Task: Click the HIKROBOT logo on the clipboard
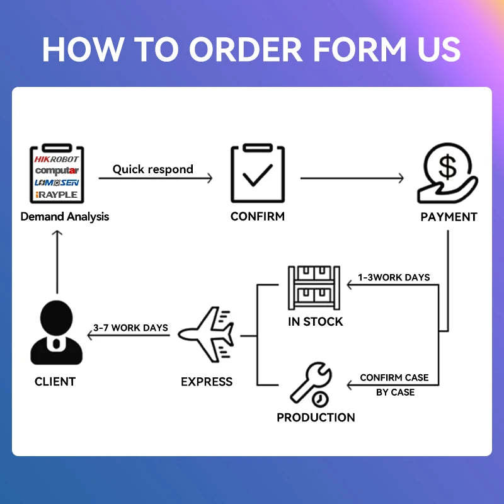point(57,159)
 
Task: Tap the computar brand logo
point(57,171)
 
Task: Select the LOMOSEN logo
point(57,183)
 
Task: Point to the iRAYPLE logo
point(57,195)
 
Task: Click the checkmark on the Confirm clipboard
point(258,175)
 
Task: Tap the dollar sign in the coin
point(447,166)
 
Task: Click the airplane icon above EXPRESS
point(206,335)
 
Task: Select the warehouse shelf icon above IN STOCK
point(314,288)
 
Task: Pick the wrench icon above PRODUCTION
point(311,382)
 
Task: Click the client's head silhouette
point(57,318)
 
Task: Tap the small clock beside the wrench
point(320,399)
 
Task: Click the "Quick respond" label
point(152,169)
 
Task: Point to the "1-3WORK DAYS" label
point(394,277)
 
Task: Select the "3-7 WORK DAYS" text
point(130,328)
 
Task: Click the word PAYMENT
point(449,217)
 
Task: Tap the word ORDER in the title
point(246,49)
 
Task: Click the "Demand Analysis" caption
point(65,217)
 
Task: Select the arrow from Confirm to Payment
point(352,178)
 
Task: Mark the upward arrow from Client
point(57,261)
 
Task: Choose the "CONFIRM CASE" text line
point(394,377)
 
